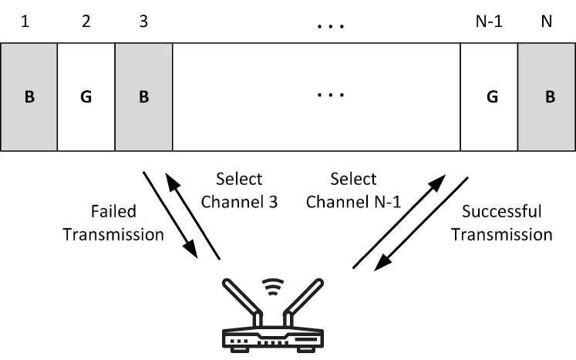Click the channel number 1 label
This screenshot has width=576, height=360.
click(29, 23)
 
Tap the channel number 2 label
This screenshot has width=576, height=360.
click(86, 23)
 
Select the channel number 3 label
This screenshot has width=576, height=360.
click(143, 23)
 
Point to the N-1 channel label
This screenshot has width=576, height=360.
click(488, 23)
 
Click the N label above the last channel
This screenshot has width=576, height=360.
click(546, 23)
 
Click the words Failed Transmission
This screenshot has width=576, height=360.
click(123, 224)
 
